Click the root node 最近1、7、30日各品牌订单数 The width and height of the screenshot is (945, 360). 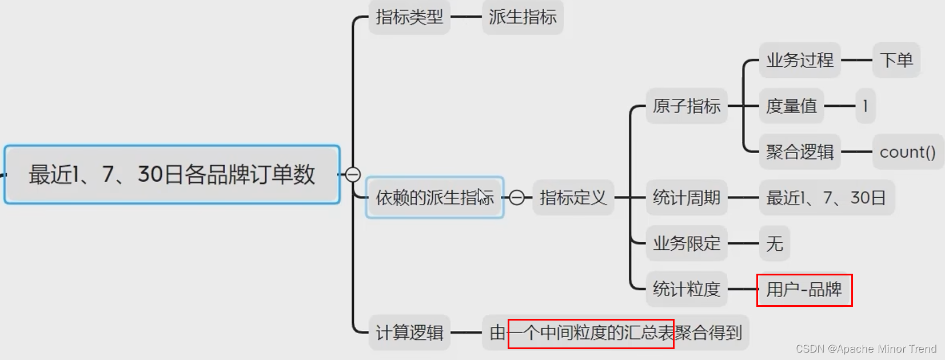pyautogui.click(x=172, y=174)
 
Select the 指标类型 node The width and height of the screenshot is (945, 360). pyautogui.click(x=409, y=17)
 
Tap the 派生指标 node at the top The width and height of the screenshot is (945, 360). pyautogui.click(x=523, y=17)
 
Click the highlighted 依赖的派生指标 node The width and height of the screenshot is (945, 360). pyautogui.click(x=434, y=198)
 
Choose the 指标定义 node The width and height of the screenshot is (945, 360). pyautogui.click(x=573, y=198)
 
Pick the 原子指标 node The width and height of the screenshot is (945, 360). pyautogui.click(x=686, y=106)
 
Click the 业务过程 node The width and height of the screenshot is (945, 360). pyautogui.click(x=799, y=60)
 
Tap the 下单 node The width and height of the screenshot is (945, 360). pyautogui.click(x=896, y=60)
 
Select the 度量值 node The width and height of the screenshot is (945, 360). pyautogui.click(x=791, y=106)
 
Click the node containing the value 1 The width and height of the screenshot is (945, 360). pyautogui.click(x=866, y=106)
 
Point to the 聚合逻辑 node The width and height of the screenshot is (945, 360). pyautogui.click(x=799, y=152)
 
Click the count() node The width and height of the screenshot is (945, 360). pyautogui.click(x=907, y=152)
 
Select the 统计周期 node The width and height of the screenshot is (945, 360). pyautogui.click(x=686, y=198)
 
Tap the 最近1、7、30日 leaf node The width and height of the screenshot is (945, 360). pyautogui.click(x=826, y=198)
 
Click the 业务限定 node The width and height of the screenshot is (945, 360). pyautogui.click(x=686, y=243)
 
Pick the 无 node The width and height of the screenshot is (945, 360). pyautogui.click(x=774, y=243)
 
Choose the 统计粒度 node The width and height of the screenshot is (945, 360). pyautogui.click(x=686, y=289)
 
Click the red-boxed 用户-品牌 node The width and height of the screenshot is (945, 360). pyautogui.click(x=804, y=290)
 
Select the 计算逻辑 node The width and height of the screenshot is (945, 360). pyautogui.click(x=409, y=333)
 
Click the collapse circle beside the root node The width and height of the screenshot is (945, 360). pyautogui.click(x=353, y=174)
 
